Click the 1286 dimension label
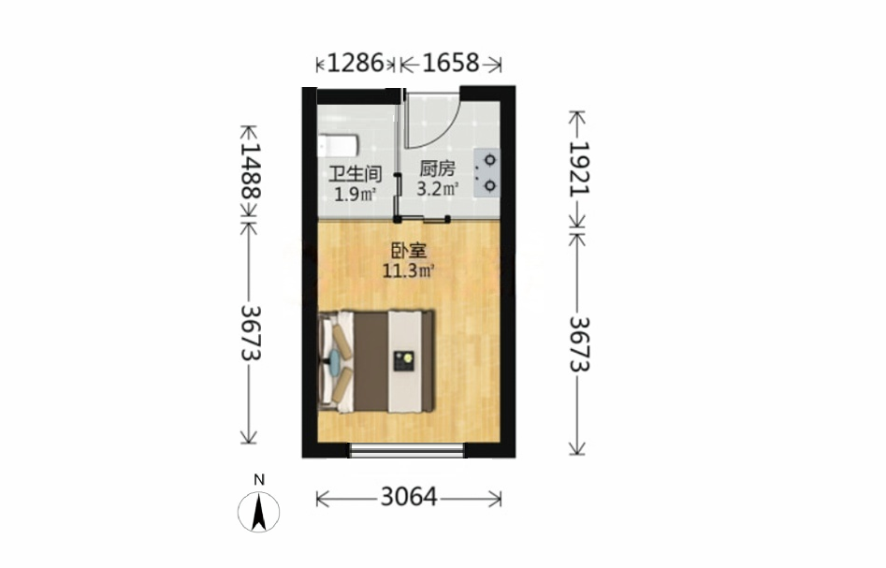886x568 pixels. [356, 63]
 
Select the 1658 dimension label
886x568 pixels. [450, 63]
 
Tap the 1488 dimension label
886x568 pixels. [251, 170]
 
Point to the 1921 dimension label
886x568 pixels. [578, 168]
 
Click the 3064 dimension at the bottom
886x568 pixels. [409, 498]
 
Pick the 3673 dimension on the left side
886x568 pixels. [251, 333]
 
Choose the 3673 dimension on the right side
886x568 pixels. [578, 343]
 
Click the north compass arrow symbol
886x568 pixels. [259, 512]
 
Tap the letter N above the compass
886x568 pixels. [259, 480]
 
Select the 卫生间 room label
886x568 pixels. [355, 173]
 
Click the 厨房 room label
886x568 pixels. [437, 168]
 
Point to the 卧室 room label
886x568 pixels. [409, 251]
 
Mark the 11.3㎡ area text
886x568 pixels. [409, 271]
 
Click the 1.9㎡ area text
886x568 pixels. [355, 195]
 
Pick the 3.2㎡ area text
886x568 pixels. [437, 188]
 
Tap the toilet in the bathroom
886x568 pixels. [338, 145]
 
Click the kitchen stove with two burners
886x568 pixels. [487, 172]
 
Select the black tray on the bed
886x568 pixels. [403, 360]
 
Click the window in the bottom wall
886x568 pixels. [406, 450]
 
